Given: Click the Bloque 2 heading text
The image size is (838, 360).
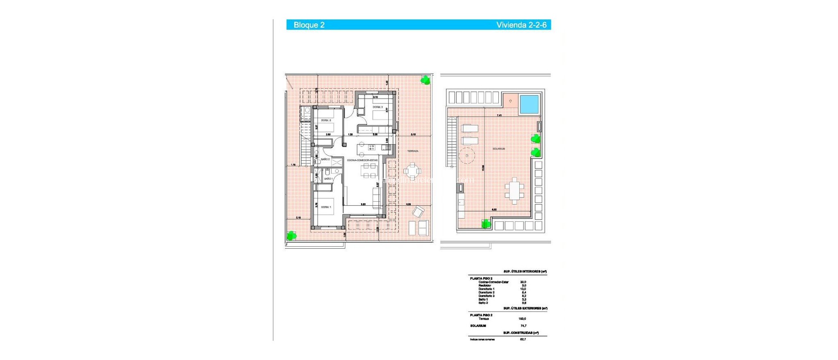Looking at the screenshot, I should [309, 25].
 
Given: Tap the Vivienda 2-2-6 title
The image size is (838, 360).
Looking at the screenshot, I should [521, 25].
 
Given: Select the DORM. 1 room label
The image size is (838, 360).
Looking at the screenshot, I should [326, 207].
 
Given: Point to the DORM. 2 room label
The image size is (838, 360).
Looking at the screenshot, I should [326, 120].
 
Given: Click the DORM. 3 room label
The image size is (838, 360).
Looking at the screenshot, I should [377, 107].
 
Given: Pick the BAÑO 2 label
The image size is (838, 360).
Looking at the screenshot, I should [325, 159].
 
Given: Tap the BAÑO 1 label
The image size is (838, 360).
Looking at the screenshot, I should [328, 179].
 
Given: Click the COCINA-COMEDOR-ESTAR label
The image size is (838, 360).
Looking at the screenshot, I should [362, 160].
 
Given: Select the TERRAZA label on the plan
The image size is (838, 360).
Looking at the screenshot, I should [412, 151].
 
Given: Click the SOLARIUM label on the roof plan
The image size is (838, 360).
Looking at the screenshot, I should [498, 149].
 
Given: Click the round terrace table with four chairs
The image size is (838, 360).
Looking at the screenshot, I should [412, 171].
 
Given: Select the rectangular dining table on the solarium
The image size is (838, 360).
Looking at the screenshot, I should [514, 191].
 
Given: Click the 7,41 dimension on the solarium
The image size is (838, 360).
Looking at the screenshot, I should [499, 115].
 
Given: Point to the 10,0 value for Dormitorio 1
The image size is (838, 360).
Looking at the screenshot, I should [523, 289].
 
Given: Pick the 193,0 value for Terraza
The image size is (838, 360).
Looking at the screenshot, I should [522, 319].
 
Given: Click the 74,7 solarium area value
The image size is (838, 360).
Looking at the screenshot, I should [523, 326].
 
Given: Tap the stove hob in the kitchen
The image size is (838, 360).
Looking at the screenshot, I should [372, 147].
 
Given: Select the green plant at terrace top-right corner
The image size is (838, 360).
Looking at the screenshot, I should [426, 80].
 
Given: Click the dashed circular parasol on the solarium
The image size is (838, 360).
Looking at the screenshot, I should [466, 155].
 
